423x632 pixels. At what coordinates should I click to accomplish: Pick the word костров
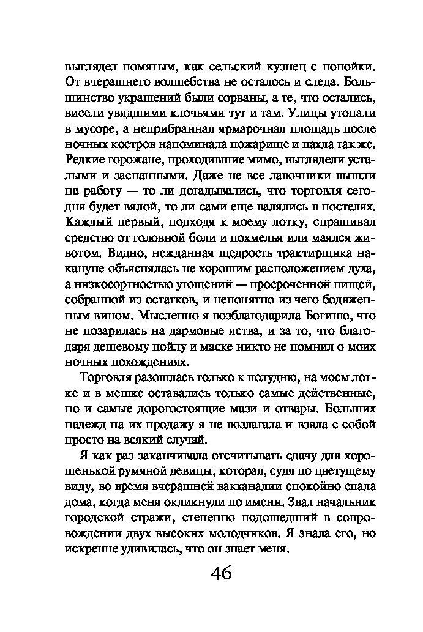click(149, 146)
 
